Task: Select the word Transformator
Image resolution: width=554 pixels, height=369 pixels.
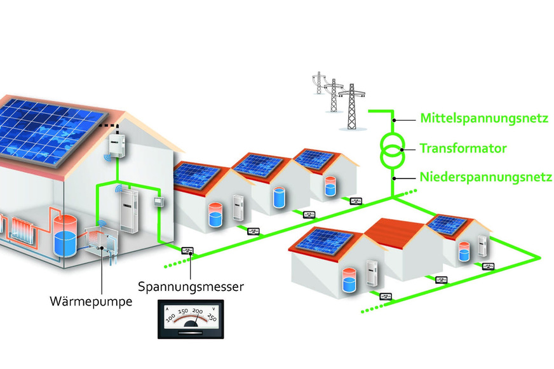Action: pyautogui.click(x=463, y=149)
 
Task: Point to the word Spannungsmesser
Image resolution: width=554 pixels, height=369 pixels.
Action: pyautogui.click(x=191, y=287)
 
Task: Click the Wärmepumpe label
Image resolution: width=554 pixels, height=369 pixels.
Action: pyautogui.click(x=91, y=300)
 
